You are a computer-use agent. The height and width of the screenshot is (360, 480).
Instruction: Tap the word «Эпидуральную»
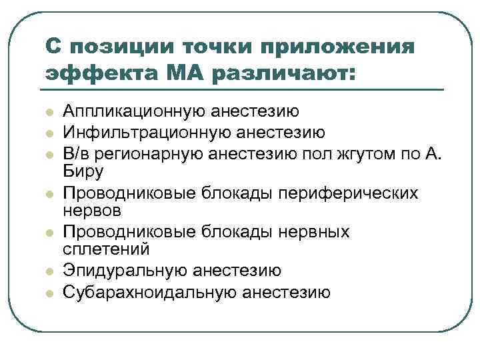[x=125, y=271]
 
